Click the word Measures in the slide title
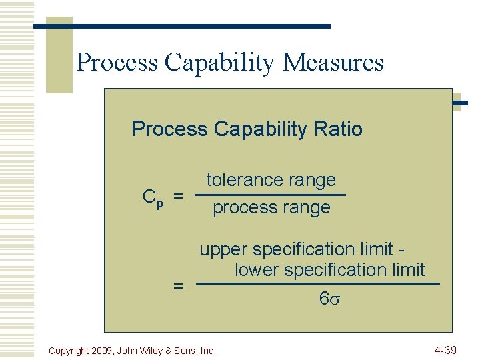(333, 62)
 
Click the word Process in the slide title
(117, 62)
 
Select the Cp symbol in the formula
(153, 198)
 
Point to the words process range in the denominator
(271, 207)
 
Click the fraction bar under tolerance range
(271, 195)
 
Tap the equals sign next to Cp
(178, 197)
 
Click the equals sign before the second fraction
(178, 285)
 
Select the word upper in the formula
(223, 250)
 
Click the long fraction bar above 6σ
(319, 284)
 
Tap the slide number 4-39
(445, 349)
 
